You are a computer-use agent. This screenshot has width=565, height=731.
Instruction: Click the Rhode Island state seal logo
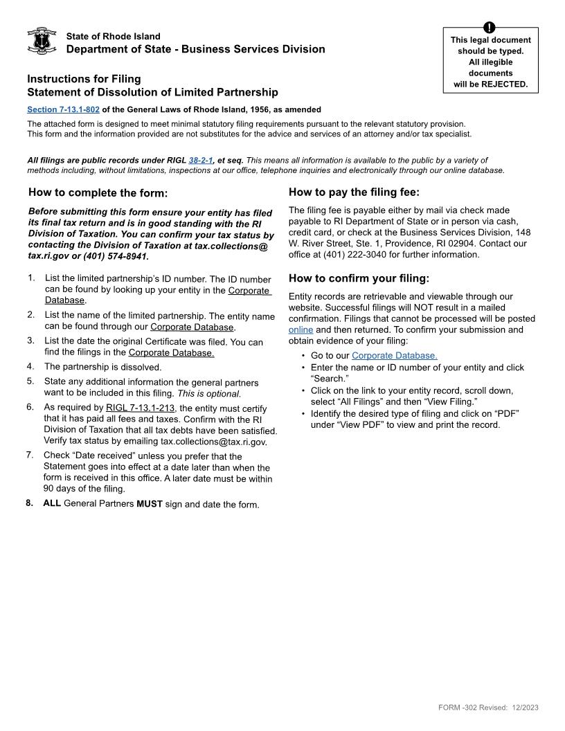point(42,42)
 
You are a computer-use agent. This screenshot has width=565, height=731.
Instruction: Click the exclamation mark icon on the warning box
point(490,28)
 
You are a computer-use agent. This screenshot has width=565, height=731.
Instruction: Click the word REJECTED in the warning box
point(504,84)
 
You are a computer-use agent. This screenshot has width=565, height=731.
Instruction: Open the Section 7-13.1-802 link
point(63,109)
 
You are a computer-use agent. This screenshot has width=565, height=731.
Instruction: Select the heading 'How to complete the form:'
point(98,192)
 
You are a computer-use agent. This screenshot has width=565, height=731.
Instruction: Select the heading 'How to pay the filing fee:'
point(354,192)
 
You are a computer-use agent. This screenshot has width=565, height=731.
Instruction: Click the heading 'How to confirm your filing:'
point(359,278)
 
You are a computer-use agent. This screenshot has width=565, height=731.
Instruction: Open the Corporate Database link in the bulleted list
point(394,356)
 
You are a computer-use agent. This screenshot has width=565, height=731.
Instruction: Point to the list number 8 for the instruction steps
point(30,503)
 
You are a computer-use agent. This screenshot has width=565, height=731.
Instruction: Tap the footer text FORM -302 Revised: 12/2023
point(488,707)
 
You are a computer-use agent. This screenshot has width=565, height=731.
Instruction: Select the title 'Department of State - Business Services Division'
point(195,49)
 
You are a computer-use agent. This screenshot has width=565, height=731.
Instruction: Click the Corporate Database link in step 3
point(171,353)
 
